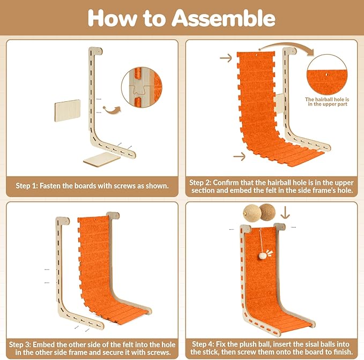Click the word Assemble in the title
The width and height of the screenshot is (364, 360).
point(224,18)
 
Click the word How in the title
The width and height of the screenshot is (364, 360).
point(112,18)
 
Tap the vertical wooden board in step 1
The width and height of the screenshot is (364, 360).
point(68,111)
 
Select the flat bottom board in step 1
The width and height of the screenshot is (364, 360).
point(102,159)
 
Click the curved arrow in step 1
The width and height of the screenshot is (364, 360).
point(112,110)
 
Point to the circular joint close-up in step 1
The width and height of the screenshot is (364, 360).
point(142,87)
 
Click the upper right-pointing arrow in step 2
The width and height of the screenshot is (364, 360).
point(226,58)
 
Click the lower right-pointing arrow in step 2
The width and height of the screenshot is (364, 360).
point(239,156)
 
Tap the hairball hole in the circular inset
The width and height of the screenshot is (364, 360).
point(327,74)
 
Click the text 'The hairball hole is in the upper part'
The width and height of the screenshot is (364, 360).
point(327,102)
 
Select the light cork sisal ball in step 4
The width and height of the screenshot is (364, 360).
point(252,213)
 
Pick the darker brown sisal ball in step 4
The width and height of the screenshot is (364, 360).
point(268,212)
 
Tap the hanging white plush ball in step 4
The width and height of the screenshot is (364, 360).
point(262,256)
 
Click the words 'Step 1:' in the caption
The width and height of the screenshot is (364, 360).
point(27,186)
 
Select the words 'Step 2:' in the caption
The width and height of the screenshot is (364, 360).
point(200,183)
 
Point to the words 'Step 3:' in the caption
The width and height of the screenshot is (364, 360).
point(20,344)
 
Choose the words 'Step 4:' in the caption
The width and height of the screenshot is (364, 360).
point(203,344)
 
